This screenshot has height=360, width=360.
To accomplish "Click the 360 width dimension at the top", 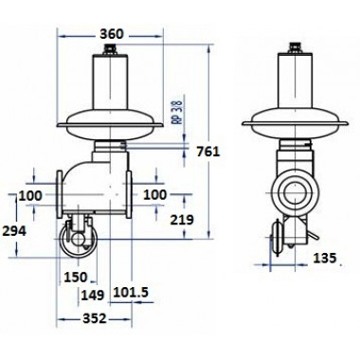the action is point(111,34).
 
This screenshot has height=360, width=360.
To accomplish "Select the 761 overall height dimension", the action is point(207,152).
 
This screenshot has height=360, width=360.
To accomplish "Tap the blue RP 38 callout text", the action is point(179,113).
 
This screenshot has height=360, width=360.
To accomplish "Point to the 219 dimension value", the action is point(182,220).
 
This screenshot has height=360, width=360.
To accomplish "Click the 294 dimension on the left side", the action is point(14,231).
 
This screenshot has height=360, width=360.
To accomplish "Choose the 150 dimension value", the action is point(75,278).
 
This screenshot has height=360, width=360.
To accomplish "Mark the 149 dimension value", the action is point(93,296).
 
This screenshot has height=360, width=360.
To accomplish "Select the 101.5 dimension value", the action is point(131,293).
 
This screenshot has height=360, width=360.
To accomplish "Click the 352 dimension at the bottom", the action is point(95,318).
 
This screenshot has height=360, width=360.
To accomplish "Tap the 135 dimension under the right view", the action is point(325,259).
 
